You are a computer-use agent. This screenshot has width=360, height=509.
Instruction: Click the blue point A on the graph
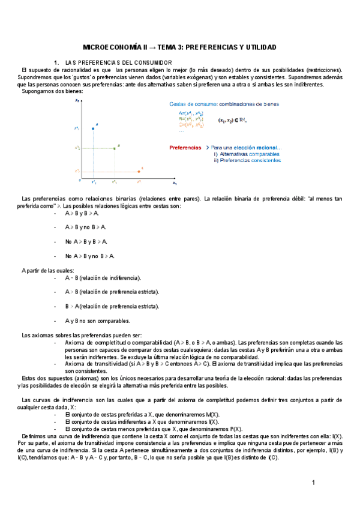point(93,128)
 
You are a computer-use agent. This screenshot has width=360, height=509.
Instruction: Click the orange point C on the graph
point(139,170)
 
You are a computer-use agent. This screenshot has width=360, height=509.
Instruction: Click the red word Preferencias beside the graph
point(185,147)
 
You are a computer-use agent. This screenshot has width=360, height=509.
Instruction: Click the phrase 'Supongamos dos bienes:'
point(53,91)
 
